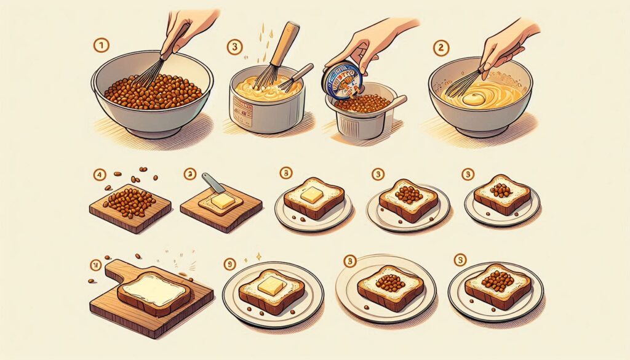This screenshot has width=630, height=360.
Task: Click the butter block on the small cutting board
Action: [x=222, y=200]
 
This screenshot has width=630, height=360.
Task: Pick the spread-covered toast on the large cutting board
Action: [x=154, y=291]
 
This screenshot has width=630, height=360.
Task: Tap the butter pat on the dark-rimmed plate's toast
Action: [x=271, y=285]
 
